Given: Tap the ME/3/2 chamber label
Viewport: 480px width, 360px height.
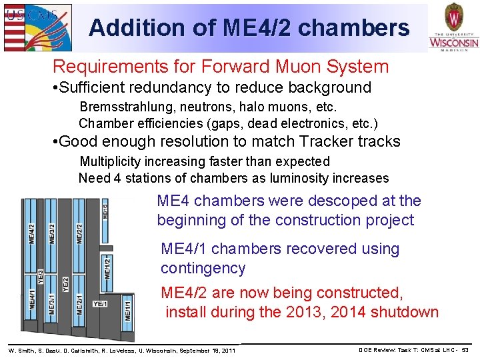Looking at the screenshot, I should (53, 237).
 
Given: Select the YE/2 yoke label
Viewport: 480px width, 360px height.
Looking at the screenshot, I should (65, 285).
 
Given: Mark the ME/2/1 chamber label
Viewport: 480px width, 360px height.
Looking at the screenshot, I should (79, 305).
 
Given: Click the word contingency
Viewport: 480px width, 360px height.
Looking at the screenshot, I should (203, 268).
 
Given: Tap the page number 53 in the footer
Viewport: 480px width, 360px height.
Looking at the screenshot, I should (465, 350).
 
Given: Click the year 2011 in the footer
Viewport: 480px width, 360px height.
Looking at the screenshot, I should (227, 350).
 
